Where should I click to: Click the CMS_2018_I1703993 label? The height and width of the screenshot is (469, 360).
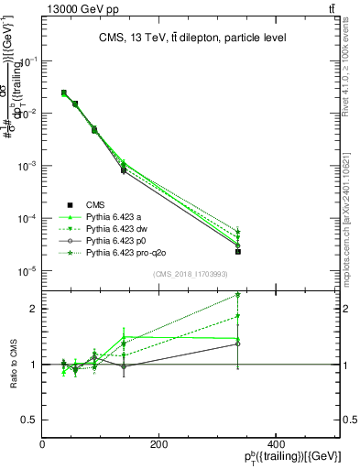coord(191,274)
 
